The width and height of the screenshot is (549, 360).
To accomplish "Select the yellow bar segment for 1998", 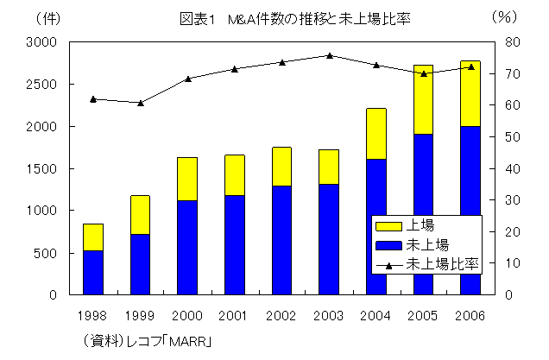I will pos(93,237).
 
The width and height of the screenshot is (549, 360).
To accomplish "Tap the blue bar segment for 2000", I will pos(187,247).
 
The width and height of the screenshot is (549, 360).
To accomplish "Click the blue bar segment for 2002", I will pos(281,240).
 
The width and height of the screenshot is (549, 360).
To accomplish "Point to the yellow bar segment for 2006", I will pos(470,93).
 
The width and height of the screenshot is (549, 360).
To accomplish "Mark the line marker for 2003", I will pos(329,55).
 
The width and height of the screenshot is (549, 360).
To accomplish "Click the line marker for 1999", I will pos(140,103).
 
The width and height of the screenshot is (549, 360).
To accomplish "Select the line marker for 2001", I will pos(235,68).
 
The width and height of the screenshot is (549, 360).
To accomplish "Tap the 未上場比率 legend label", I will pos(442,263).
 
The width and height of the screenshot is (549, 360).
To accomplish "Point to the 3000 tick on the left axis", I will pos(42,42).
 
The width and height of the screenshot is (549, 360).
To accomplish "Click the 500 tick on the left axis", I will pos(47,253).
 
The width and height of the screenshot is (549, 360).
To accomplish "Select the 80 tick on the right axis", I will pos(509,42).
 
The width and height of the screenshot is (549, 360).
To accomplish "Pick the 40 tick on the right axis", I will pos(509,168).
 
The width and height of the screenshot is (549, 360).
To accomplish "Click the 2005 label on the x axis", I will pos(423,314).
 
